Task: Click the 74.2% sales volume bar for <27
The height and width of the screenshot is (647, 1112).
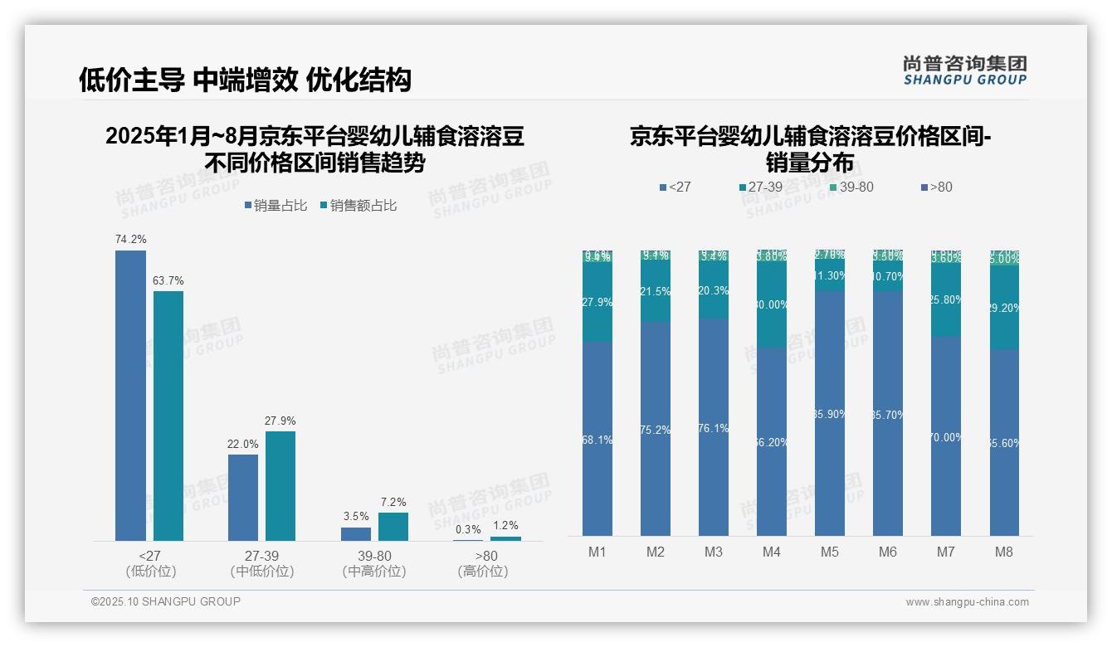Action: [130, 396]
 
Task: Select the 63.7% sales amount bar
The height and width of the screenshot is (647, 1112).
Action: [168, 416]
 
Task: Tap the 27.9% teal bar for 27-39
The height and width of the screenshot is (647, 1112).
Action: [280, 486]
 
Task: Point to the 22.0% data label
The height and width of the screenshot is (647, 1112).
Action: [242, 444]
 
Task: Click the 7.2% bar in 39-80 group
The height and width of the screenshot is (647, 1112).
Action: [393, 527]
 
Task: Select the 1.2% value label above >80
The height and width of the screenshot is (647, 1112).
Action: [505, 525]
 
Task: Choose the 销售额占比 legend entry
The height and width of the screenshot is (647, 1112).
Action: [358, 206]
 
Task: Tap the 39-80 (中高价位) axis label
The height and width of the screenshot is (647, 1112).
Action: [374, 563]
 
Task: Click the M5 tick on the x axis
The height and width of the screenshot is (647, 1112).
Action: [830, 552]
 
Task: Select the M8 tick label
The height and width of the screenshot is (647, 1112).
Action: [1004, 552]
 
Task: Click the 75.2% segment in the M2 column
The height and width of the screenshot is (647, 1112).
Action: [656, 429]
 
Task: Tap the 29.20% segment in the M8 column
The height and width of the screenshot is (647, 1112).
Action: [1004, 307]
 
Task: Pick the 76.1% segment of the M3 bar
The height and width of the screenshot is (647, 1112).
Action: [714, 427]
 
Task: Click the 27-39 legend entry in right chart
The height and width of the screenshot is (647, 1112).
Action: [761, 187]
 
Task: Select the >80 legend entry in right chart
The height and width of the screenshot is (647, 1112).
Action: [937, 187]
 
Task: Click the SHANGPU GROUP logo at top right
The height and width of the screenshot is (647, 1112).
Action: [965, 71]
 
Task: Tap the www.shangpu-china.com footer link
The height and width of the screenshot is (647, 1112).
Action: [967, 602]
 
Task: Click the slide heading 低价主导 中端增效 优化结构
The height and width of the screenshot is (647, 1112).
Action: [245, 80]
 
